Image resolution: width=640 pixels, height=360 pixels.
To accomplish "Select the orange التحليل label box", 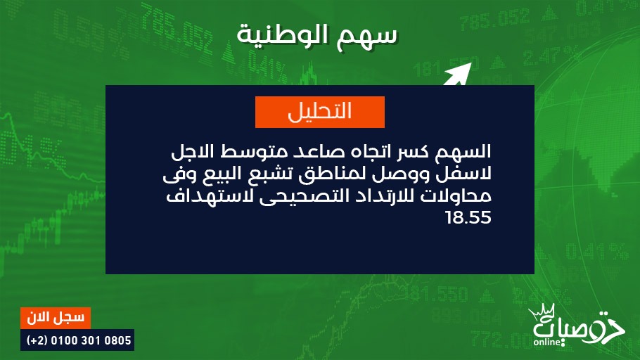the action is (x=320, y=112).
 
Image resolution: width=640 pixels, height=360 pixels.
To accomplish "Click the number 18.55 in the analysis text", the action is (x=468, y=217).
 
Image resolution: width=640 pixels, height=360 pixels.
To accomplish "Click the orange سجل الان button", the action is (x=56, y=318).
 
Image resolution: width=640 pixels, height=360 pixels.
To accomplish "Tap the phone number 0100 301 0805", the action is (x=91, y=340).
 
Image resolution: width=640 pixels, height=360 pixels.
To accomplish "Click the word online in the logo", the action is (x=546, y=342).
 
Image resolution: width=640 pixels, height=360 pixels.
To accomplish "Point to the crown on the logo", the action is (x=542, y=312).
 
